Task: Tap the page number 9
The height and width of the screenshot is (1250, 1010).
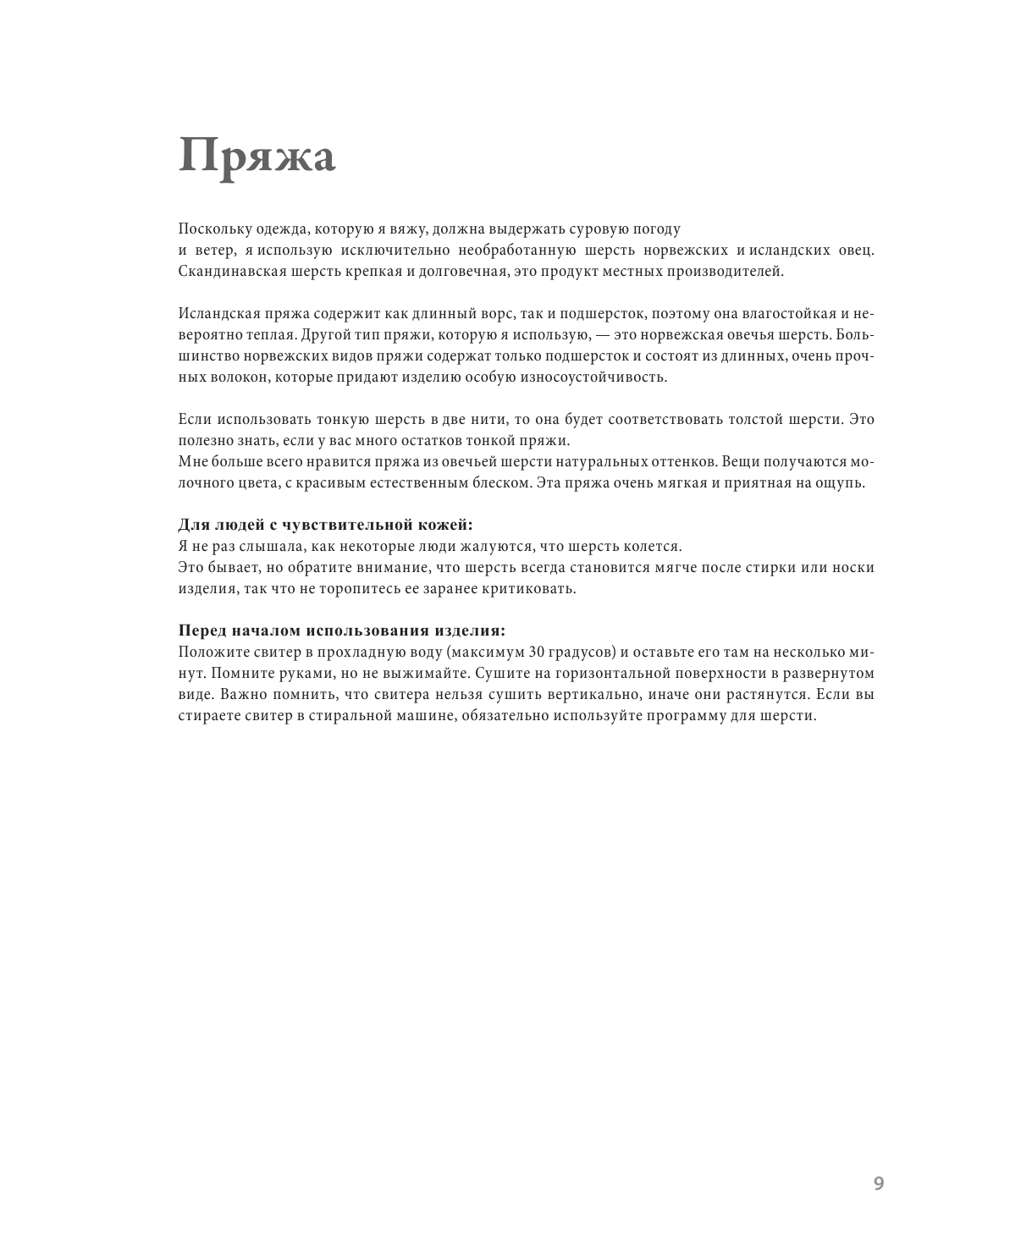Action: [878, 1183]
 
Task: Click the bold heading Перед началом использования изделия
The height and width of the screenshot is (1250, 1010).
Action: [342, 631]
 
